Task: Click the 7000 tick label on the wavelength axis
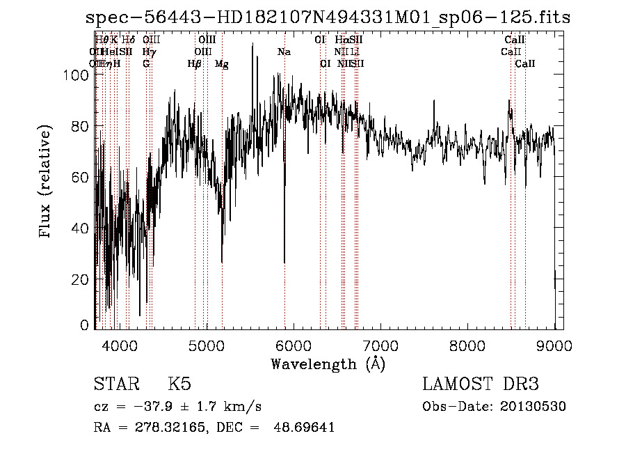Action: point(380,345)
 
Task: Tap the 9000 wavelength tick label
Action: point(554,345)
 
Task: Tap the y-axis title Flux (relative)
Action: point(47,182)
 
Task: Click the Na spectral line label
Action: point(284,52)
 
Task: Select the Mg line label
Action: point(221,64)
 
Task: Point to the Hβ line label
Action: point(195,64)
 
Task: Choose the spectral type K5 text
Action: point(179,384)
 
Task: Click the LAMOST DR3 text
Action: point(480,384)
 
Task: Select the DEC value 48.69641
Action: point(305,428)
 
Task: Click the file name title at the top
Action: point(328,17)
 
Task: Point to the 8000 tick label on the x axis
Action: point(467,345)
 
